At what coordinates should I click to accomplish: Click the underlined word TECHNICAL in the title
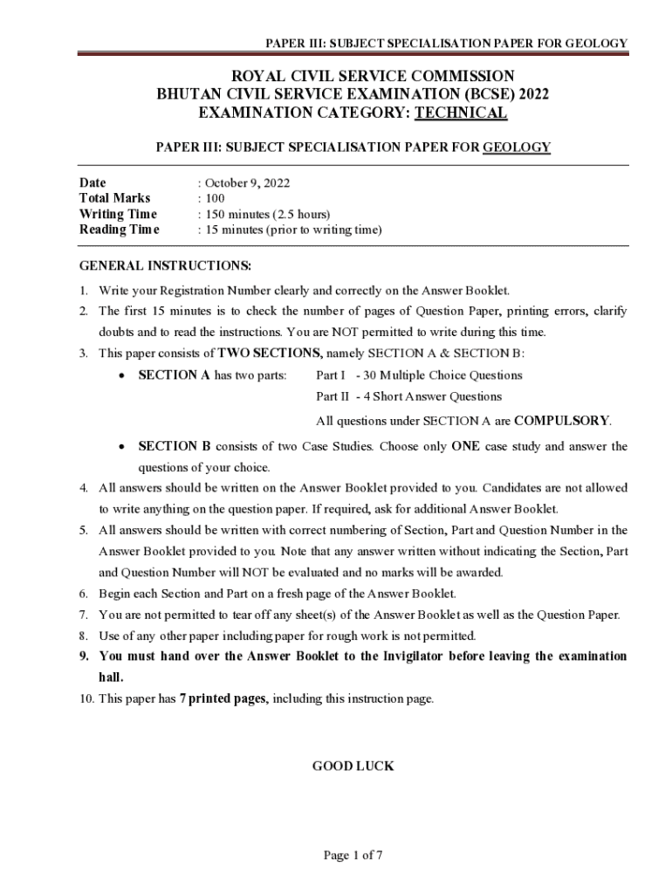(460, 113)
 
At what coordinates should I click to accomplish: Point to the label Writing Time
(118, 215)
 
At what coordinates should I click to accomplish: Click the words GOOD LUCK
(353, 767)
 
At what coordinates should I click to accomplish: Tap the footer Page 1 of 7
(353, 856)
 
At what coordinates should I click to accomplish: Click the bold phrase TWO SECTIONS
(270, 354)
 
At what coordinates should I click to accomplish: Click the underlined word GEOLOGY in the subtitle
(517, 147)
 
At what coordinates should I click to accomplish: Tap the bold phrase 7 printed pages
(222, 699)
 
